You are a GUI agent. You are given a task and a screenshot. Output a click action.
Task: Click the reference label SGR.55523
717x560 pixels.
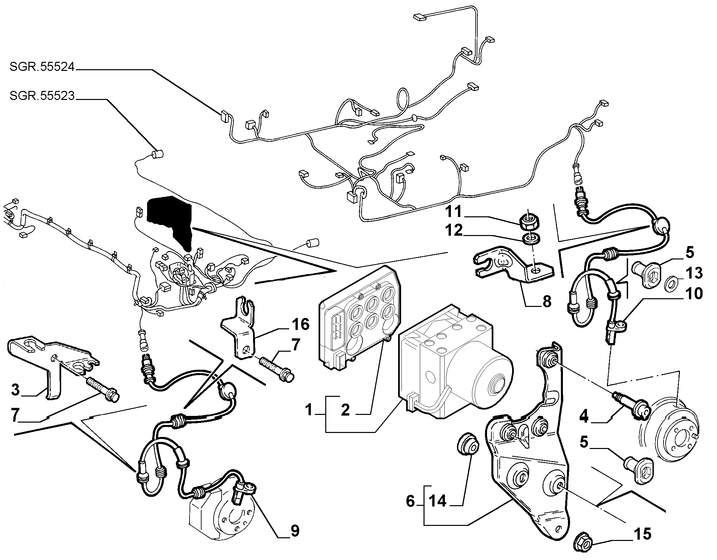[41, 96]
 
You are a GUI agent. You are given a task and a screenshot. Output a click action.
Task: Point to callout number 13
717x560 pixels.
[694, 273]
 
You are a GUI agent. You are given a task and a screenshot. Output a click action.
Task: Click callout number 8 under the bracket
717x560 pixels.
[547, 302]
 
